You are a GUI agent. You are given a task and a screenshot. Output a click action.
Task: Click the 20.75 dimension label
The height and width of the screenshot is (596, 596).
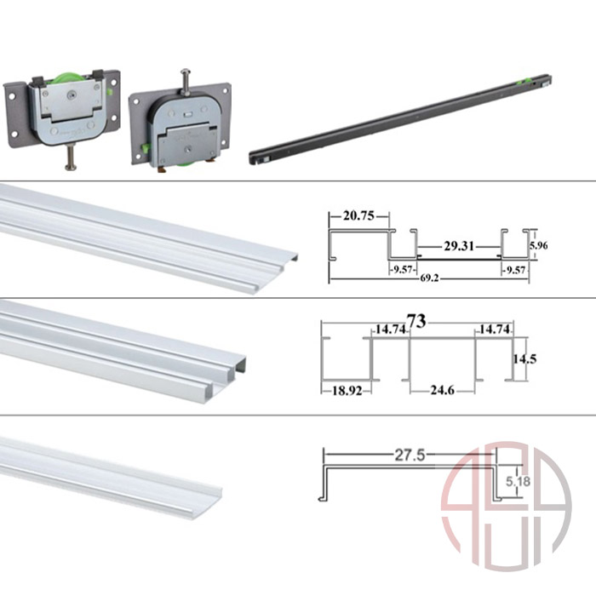[358, 216]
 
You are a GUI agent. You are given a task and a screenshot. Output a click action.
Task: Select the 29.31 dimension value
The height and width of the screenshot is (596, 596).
[459, 246]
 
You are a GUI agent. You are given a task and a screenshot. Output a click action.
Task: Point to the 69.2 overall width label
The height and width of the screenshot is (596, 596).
[429, 278]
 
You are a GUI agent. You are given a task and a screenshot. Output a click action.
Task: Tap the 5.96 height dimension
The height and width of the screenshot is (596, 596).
[539, 245]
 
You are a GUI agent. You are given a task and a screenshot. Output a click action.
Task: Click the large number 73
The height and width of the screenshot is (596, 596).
[416, 321]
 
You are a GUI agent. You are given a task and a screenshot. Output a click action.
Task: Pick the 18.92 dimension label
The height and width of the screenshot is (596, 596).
[347, 390]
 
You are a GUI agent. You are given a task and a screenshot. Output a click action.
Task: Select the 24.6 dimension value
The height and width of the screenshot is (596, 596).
[442, 390]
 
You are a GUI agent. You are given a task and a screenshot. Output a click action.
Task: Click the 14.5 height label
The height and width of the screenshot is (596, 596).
[524, 358]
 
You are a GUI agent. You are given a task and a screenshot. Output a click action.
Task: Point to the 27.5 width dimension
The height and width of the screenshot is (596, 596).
[410, 455]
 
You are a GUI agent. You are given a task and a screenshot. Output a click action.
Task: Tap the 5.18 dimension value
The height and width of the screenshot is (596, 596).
[518, 482]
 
